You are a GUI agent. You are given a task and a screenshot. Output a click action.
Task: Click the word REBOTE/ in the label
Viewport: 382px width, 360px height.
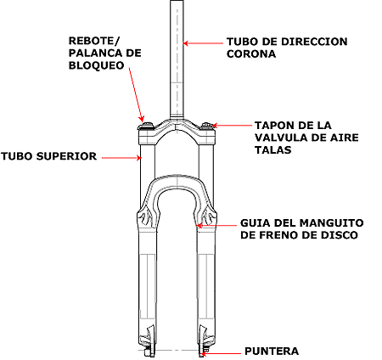94,41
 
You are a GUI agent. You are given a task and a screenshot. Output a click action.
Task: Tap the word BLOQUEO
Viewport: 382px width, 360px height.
97,65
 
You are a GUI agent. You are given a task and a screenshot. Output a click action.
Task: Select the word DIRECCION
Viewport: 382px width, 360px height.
314,42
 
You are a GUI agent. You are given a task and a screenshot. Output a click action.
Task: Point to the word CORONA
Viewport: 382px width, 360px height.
251,53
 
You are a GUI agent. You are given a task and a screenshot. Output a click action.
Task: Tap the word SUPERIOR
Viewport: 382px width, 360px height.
66,156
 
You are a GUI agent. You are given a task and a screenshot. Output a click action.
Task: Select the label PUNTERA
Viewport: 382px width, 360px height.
272,352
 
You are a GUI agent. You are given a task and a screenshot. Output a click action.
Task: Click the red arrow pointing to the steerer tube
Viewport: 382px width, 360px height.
203,43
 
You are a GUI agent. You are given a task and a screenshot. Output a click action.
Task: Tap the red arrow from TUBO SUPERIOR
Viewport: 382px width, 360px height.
121,158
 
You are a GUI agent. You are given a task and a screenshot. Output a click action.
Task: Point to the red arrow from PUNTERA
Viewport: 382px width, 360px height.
221,353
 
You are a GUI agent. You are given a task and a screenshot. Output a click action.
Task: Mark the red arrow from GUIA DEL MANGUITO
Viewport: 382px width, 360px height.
216,226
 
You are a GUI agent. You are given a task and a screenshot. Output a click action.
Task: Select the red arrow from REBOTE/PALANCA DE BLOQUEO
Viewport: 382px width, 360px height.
137,94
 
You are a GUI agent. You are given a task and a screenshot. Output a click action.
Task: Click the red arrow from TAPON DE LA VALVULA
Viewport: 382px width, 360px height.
232,125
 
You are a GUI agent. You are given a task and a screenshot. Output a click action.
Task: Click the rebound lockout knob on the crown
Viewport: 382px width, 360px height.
147,126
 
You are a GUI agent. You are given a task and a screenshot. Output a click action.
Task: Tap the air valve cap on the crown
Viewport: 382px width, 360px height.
207,126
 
